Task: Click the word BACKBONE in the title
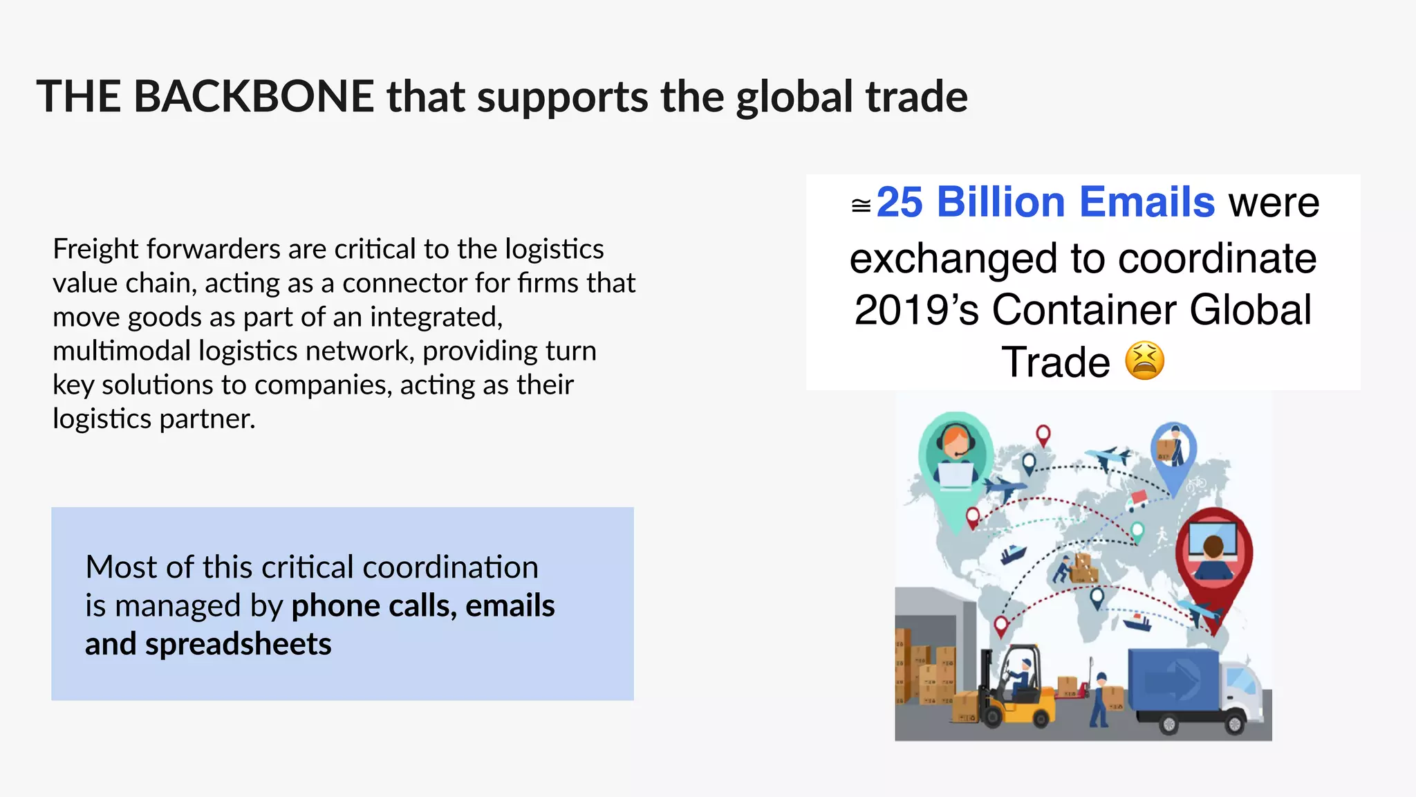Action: (x=254, y=96)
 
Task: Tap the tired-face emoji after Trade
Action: (x=1144, y=360)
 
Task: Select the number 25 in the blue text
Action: (x=900, y=203)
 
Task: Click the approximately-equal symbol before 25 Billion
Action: (x=861, y=205)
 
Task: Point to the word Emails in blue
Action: (x=1147, y=203)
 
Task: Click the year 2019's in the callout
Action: (x=917, y=309)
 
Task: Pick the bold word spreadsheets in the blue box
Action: (x=238, y=644)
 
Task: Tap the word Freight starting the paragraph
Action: (x=95, y=249)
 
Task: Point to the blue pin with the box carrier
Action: (x=1173, y=450)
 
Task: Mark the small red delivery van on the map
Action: (x=1137, y=497)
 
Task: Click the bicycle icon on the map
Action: (x=1195, y=484)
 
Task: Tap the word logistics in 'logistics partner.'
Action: (x=102, y=419)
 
